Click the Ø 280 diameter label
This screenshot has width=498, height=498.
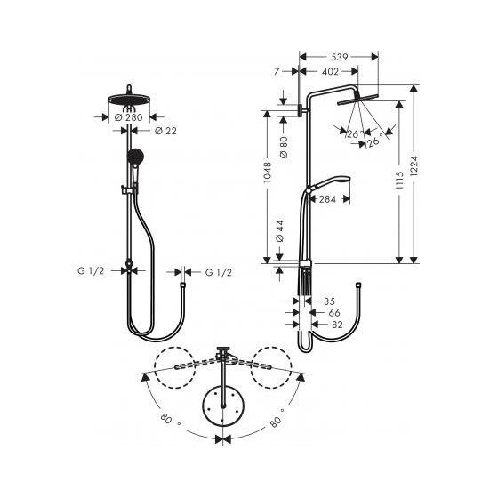click(x=132, y=116)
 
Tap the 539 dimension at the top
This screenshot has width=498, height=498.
click(x=340, y=52)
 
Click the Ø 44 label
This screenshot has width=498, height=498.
click(x=280, y=233)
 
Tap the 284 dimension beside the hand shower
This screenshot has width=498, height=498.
click(x=327, y=199)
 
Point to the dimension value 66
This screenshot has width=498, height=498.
click(x=335, y=313)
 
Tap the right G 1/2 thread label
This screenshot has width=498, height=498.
click(x=220, y=271)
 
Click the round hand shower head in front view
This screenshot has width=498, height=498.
click(x=133, y=158)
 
